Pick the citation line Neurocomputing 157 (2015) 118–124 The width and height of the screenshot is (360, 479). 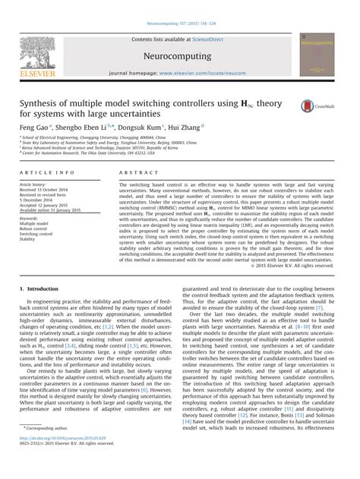point(180,6)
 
